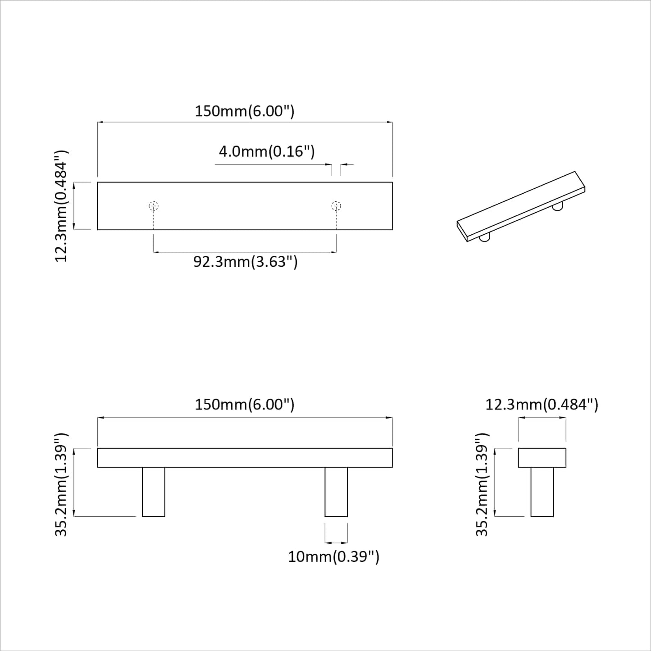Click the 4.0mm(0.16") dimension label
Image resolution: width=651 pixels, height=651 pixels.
coord(266,151)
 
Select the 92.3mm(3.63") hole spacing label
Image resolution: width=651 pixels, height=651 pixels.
coord(246,261)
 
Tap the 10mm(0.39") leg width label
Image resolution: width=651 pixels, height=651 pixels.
coord(333,557)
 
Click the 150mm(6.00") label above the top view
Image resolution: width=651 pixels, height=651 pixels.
coord(244,111)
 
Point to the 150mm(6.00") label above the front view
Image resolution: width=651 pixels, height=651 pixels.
coord(244,405)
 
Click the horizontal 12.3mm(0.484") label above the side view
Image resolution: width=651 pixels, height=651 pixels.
coord(542,405)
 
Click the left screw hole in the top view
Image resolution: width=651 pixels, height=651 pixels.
coord(154,206)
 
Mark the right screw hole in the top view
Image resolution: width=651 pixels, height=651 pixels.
coord(336,206)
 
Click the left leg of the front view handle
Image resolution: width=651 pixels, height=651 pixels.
coord(154,492)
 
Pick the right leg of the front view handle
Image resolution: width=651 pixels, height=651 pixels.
coord(336,492)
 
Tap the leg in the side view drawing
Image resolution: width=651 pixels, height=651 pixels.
coord(542,492)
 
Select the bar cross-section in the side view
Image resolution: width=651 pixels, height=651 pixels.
coord(542,458)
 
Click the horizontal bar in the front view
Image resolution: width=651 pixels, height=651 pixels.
coord(245,458)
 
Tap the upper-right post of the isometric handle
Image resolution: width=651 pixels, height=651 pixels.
coord(558,207)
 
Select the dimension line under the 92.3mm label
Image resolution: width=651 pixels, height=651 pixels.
coord(245,252)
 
